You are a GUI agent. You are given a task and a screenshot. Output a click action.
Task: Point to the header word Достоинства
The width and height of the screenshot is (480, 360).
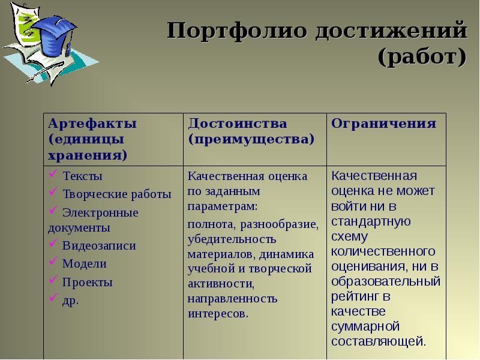pos(238,124)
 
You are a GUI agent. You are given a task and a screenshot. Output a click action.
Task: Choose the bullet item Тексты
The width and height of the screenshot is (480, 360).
pos(82,176)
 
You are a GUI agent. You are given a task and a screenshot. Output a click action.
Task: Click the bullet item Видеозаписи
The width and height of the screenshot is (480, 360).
pos(99,246)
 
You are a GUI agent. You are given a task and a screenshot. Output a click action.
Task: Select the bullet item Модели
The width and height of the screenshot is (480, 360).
pos(85,264)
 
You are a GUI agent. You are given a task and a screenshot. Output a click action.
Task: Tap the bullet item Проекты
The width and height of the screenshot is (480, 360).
pos(87,282)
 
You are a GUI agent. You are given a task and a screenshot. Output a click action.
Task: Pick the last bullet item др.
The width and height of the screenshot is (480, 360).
pos(70,300)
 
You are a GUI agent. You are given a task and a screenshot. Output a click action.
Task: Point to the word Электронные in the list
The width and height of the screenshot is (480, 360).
pos(100,212)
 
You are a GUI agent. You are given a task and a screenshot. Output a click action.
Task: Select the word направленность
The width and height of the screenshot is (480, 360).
pos(232,298)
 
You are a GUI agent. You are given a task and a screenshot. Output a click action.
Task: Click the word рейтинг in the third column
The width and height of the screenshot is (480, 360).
pos(353,296)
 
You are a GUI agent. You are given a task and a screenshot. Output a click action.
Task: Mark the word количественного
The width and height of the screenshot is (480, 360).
pos(383,250)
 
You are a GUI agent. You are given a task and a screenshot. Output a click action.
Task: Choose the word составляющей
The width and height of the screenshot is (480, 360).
pos(379,341)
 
